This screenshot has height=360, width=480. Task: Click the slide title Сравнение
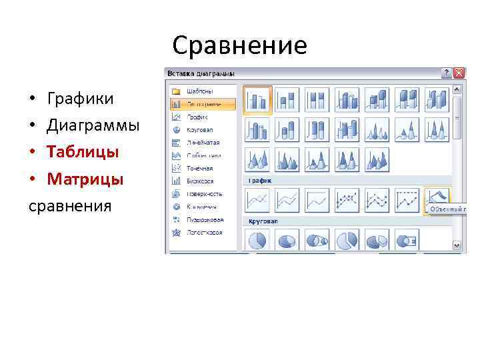point(239,46)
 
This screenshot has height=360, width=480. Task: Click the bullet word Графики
point(80,99)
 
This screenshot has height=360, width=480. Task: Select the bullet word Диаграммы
point(93,126)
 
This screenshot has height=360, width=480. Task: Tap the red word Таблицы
point(83,153)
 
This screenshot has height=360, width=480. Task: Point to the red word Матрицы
point(85,179)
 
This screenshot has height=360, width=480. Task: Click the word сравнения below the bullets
point(69,205)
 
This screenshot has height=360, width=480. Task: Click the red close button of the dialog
point(459,73)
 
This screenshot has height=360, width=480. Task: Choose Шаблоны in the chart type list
point(200,91)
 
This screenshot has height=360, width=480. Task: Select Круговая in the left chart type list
point(200,130)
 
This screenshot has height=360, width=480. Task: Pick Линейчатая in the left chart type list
point(203,143)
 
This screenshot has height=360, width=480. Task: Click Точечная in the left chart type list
point(200,168)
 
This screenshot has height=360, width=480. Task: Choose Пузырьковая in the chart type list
point(204,219)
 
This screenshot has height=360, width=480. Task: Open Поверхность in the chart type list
point(205,194)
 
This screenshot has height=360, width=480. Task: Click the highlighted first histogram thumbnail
point(257,100)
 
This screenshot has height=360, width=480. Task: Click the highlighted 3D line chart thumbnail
point(437,199)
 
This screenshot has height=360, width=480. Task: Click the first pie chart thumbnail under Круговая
point(257,241)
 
